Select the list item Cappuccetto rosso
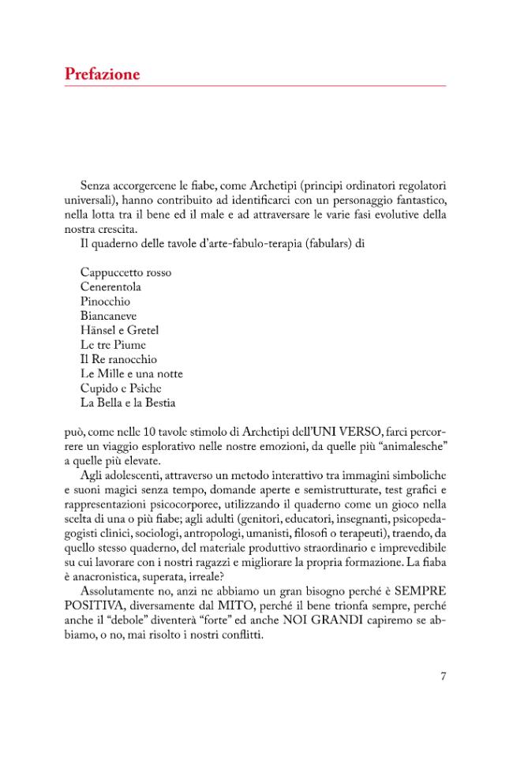125,272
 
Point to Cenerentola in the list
110,287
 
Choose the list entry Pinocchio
105,301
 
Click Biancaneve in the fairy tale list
108,316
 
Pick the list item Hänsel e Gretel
120,330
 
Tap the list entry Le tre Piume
113,345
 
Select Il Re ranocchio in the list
118,359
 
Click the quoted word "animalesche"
410,446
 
